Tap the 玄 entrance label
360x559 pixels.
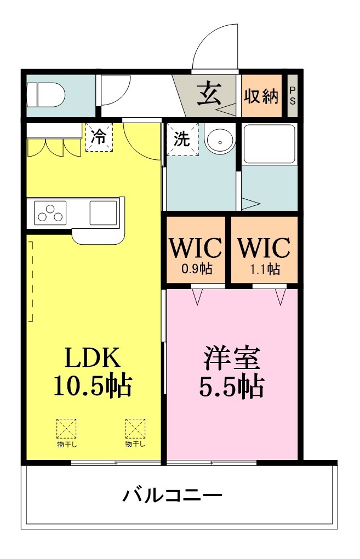pos(210,94)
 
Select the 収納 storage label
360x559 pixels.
pos(261,96)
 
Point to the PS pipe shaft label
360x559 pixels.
pos(292,95)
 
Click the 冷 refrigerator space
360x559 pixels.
pos(99,137)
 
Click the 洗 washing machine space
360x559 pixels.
pos(182,139)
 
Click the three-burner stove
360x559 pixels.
pos(50,213)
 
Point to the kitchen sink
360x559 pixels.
pos(104,213)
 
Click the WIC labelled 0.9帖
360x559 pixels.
pos(196,253)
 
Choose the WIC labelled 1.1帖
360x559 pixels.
pos(264,253)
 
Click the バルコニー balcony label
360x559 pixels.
pos(173,495)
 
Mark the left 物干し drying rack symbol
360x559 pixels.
pos(67,433)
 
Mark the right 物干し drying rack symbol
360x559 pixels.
pos(135,433)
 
